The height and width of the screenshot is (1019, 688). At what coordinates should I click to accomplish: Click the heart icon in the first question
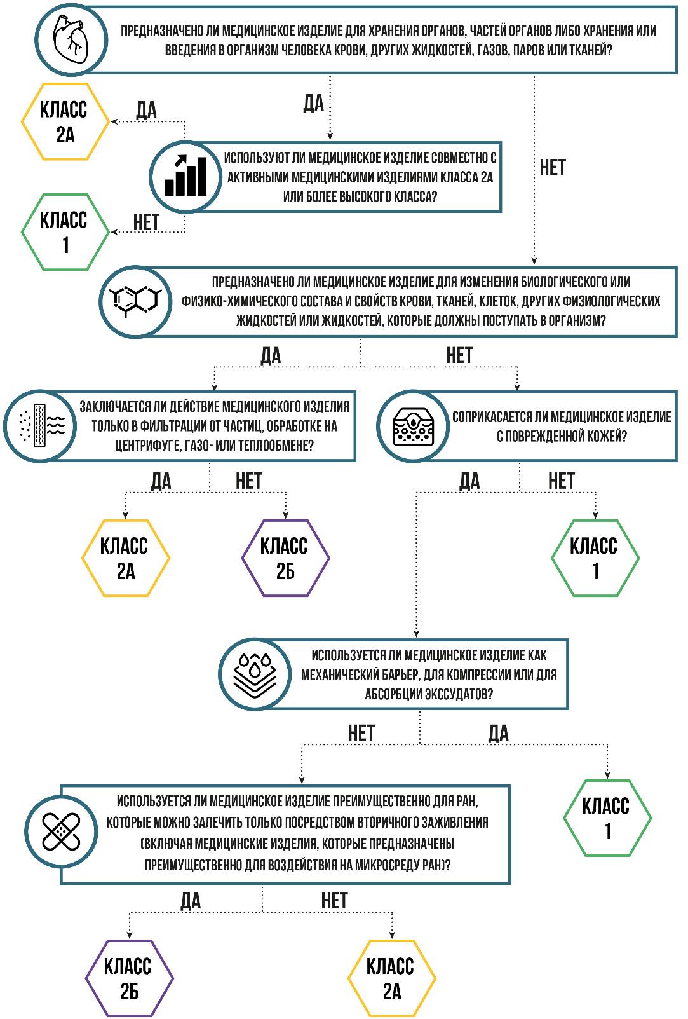(x=67, y=39)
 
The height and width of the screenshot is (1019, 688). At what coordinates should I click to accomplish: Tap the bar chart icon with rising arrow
(x=184, y=176)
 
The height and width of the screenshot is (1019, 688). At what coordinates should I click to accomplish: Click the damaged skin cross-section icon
(x=413, y=425)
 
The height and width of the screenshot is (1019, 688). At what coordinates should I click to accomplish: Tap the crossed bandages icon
(x=61, y=831)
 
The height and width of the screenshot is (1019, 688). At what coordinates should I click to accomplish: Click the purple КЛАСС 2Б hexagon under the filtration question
(x=285, y=558)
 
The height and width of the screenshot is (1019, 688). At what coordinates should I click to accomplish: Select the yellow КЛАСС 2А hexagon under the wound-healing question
(x=391, y=978)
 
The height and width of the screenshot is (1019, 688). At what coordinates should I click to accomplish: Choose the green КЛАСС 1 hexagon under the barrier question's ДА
(x=607, y=818)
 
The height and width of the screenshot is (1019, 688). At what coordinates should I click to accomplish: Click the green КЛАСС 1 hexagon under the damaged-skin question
(x=595, y=558)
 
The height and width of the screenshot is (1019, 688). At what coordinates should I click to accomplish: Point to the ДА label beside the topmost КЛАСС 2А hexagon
(x=146, y=110)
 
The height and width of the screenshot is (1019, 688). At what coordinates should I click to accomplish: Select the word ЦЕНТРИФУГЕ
(x=147, y=446)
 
